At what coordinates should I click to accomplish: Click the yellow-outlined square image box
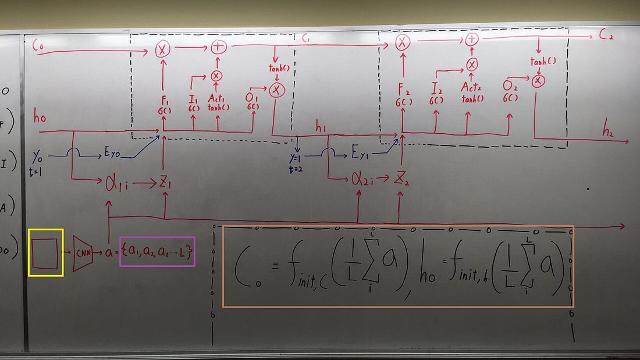[46, 252]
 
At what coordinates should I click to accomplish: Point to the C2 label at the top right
[607, 35]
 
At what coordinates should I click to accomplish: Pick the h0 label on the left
[40, 118]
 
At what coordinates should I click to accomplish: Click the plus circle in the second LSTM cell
[472, 40]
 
